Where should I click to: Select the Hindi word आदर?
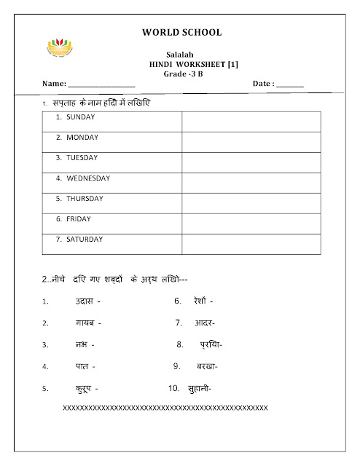tap(204, 323)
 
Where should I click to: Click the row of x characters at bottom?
tap(165, 407)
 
